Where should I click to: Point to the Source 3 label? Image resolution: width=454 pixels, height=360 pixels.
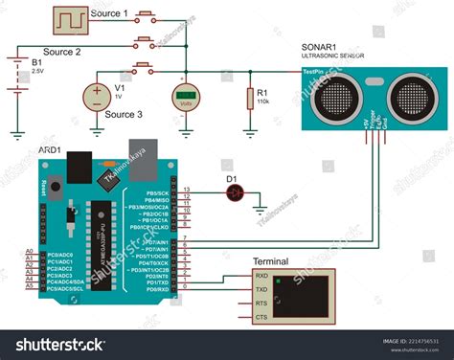point(125,115)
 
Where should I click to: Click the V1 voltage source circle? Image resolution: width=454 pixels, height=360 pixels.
point(98,97)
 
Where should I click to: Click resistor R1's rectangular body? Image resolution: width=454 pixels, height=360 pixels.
point(249,97)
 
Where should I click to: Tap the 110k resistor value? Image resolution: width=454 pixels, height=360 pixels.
point(262,101)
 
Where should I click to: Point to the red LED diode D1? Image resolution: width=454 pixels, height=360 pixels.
point(235,191)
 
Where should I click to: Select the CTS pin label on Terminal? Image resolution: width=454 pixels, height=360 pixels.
point(261,316)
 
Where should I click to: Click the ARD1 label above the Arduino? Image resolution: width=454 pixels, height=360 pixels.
point(51,148)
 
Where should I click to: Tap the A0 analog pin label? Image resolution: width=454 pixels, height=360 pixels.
point(28,251)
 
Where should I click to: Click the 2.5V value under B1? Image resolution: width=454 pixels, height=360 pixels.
point(38,71)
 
